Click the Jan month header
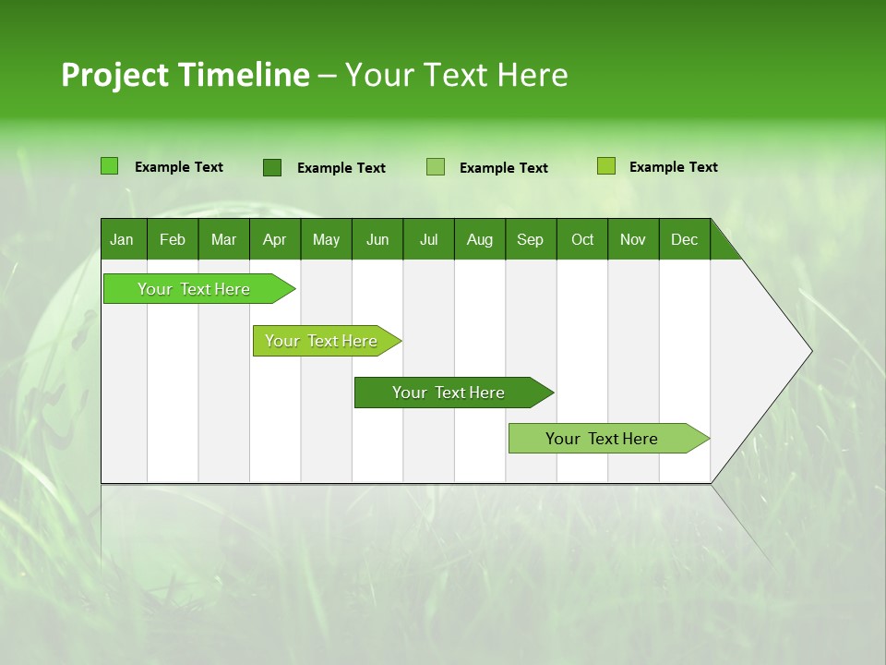(122, 240)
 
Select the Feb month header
(173, 240)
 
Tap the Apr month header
(274, 240)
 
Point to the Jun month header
(377, 240)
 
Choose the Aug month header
(480, 240)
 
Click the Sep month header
(530, 240)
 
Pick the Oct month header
(582, 240)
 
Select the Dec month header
(684, 240)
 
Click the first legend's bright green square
(110, 166)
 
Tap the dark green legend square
(272, 167)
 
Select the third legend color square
(436, 167)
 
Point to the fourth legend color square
(606, 166)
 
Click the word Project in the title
(114, 75)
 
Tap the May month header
(326, 240)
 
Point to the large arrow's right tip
(809, 351)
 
